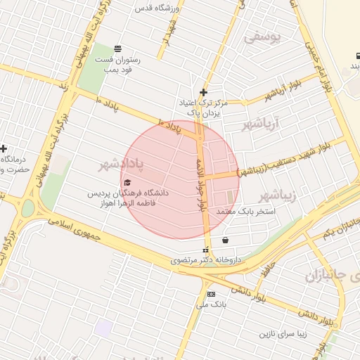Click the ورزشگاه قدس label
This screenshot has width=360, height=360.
pyautogui.click(x=159, y=8)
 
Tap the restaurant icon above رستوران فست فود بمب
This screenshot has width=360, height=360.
pyautogui.click(x=117, y=49)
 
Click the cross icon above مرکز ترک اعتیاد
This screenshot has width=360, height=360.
pyautogui.click(x=203, y=92)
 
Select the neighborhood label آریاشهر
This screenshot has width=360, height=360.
pyautogui.click(x=260, y=125)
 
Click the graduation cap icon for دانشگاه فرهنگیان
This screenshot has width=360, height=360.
pyautogui.click(x=127, y=184)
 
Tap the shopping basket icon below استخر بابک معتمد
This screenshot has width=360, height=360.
pyautogui.click(x=224, y=240)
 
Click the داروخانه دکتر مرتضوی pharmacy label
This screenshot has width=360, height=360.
pyautogui.click(x=206, y=260)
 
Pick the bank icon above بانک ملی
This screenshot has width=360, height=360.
pyautogui.click(x=211, y=293)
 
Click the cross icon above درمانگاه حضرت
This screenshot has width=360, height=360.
pyautogui.click(x=4, y=149)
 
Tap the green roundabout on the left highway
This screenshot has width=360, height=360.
pyautogui.click(x=27, y=208)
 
